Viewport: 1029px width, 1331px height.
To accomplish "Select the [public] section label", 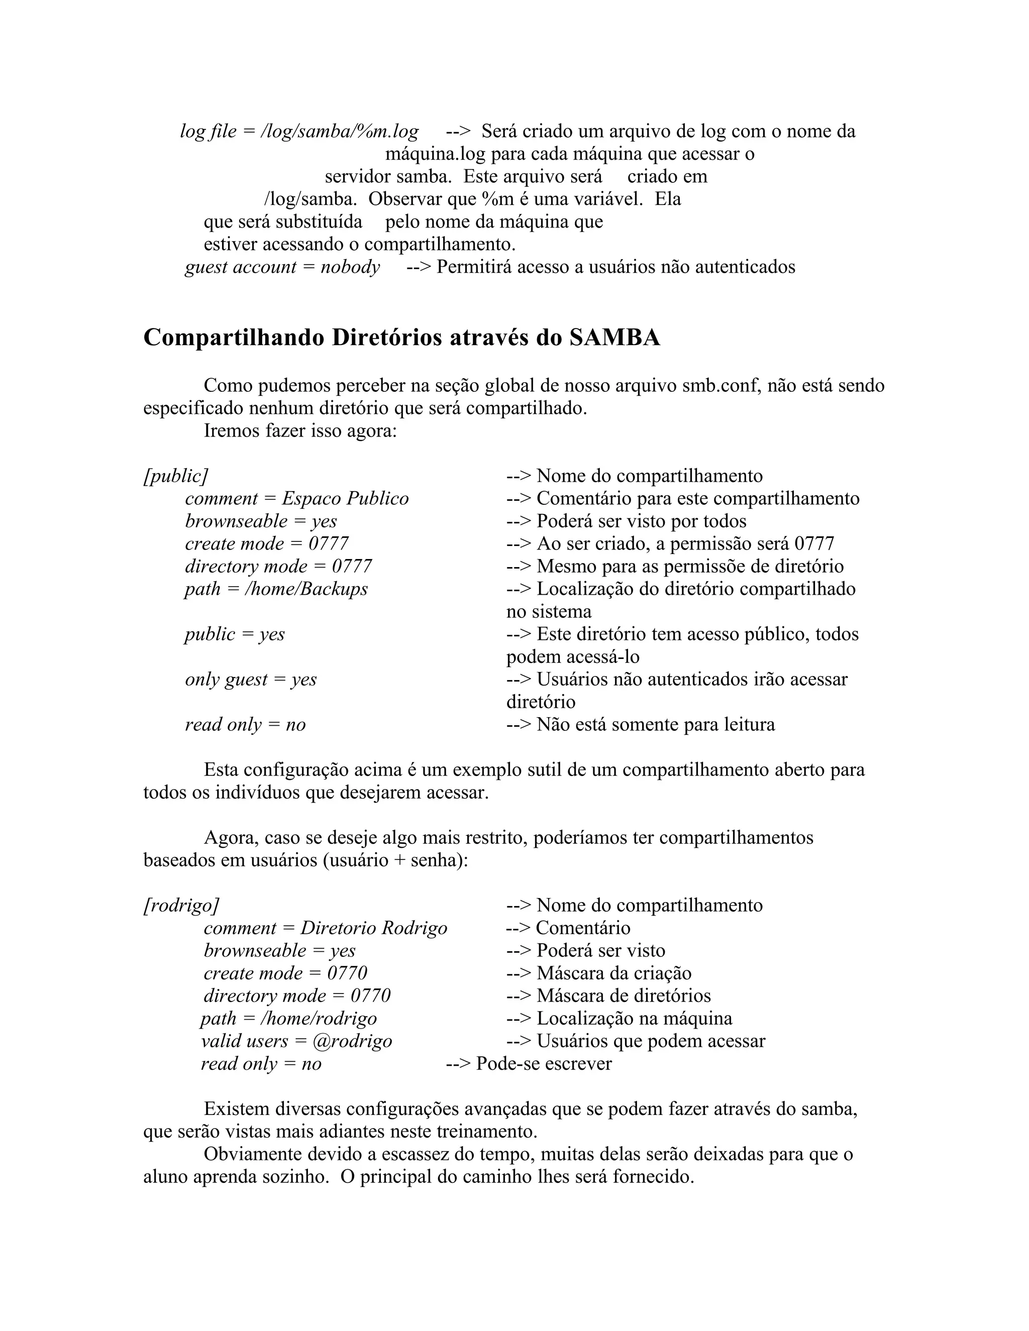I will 175,476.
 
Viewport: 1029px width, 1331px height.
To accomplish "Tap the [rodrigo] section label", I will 181,906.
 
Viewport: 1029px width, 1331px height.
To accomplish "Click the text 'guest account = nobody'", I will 282,267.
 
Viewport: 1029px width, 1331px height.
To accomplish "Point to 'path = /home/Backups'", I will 276,589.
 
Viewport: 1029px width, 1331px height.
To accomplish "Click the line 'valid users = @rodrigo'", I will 296,1041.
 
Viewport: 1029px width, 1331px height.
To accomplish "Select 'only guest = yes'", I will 251,680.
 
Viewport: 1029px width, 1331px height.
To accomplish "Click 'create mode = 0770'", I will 285,973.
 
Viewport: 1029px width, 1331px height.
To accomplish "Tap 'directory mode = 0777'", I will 278,567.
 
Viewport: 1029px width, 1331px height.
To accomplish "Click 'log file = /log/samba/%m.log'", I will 299,132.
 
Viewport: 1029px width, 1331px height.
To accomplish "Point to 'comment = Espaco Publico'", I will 297,499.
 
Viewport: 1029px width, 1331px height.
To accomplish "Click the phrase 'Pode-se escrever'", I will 543,1063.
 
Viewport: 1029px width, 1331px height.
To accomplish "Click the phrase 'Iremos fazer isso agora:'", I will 300,431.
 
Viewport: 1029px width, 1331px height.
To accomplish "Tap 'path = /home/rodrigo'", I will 288,1019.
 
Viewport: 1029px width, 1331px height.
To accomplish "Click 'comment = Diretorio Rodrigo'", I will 325,928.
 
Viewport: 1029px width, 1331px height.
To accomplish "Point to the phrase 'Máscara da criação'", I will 614,973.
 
